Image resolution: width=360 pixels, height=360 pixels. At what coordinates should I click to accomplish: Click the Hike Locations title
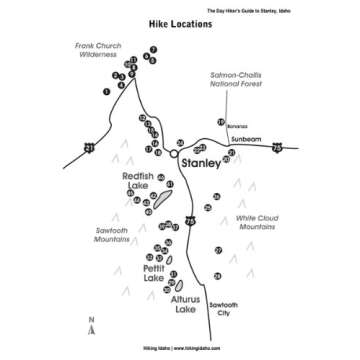point(180,24)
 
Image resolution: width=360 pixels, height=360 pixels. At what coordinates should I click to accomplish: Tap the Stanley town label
point(201,161)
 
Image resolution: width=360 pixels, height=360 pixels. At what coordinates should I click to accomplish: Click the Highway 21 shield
point(89,149)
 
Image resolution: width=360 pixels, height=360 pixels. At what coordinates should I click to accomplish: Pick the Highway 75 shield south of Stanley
point(190,220)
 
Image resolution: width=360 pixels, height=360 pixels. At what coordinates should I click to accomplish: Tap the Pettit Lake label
point(153,273)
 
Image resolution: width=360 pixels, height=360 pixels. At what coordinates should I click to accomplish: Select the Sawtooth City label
point(223,309)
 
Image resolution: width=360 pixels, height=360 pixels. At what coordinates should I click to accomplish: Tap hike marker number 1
point(105,92)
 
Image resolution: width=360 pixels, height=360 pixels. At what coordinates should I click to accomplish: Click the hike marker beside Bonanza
point(220,122)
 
